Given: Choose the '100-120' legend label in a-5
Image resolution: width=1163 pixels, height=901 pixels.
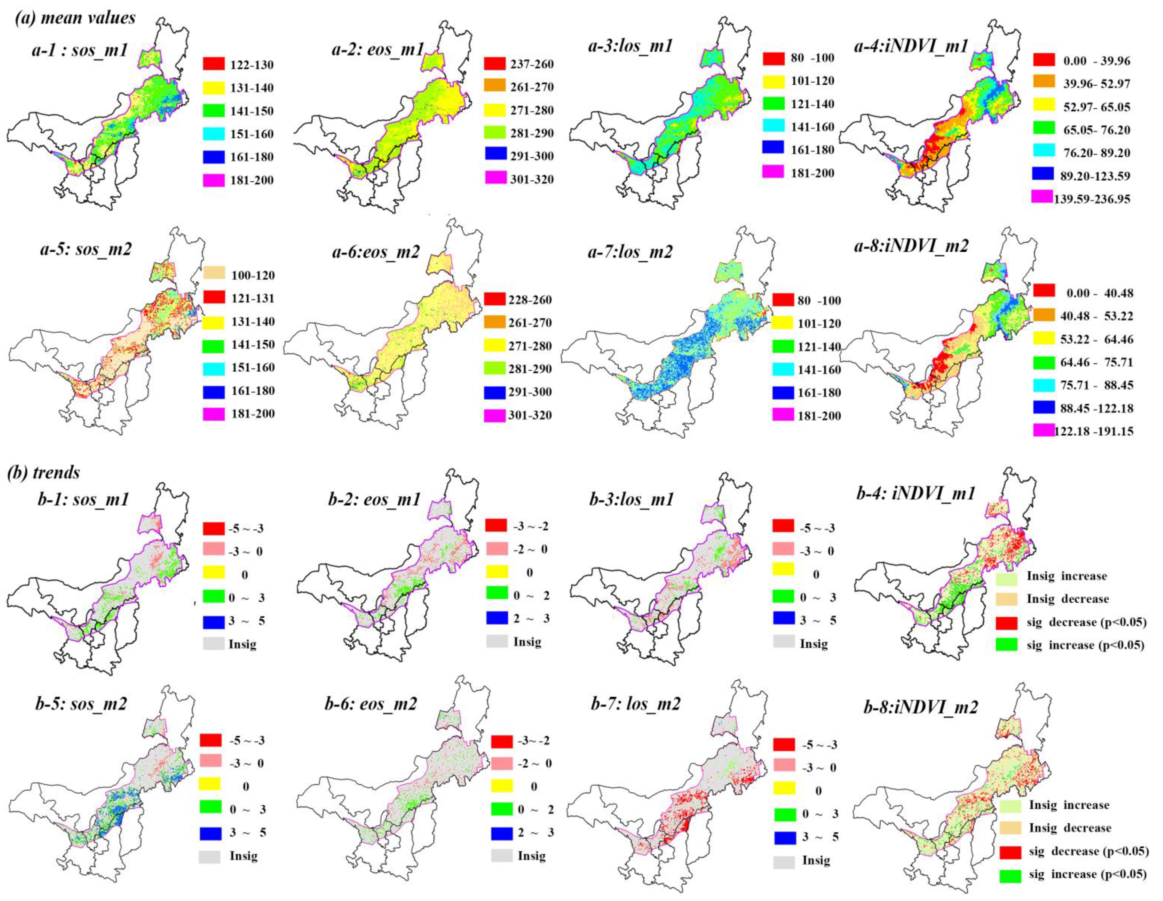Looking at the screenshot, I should pyautogui.click(x=252, y=275).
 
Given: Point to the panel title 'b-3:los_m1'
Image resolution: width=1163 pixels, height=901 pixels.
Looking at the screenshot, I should pyautogui.click(x=631, y=499).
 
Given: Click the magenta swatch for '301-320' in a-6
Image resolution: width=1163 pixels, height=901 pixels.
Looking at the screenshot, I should pyautogui.click(x=494, y=415).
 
